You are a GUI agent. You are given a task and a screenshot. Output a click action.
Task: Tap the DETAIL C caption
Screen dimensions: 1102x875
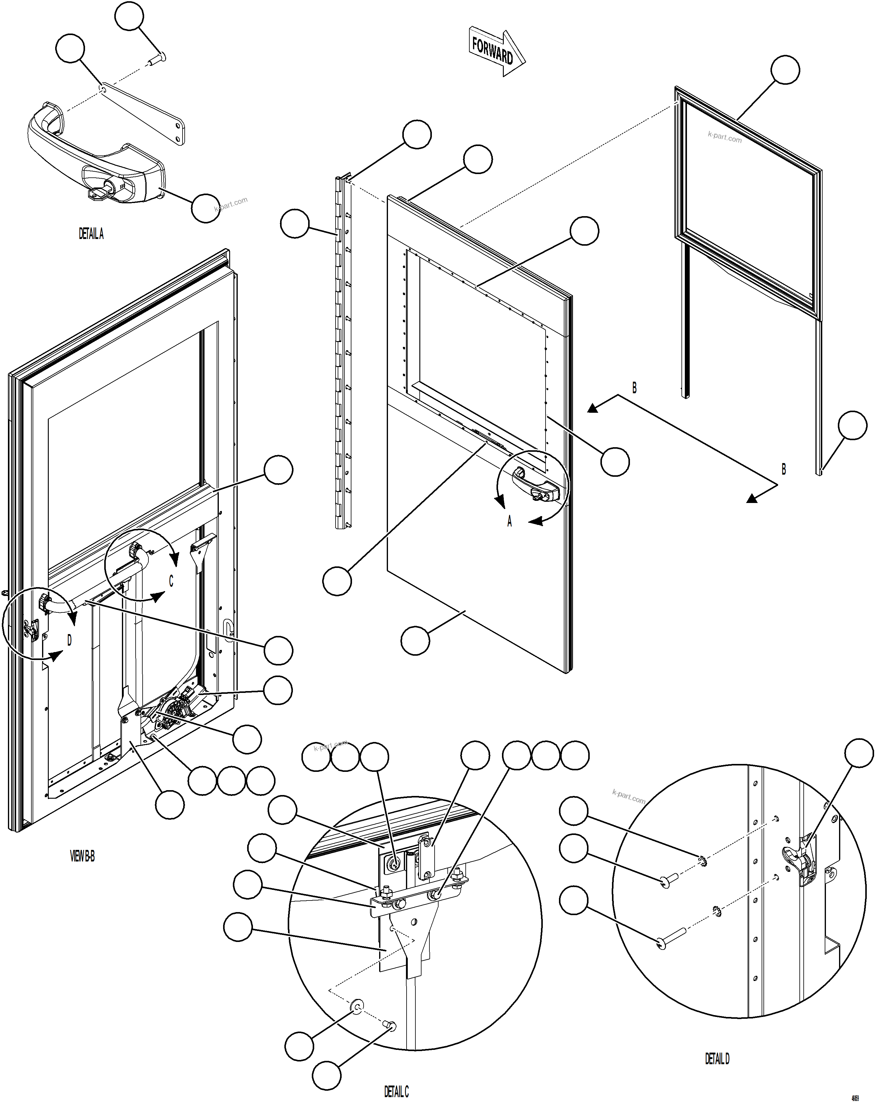point(396,1091)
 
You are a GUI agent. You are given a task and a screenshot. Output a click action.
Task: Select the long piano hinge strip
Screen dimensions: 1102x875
point(343,353)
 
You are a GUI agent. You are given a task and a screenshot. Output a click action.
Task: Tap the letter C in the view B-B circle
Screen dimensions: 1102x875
point(171,581)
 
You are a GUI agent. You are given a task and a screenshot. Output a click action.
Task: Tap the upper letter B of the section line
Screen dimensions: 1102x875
point(634,387)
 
